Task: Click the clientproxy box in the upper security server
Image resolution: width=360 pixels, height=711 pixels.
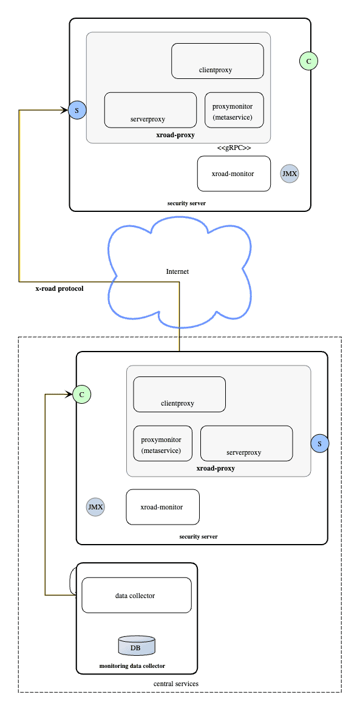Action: [217, 61]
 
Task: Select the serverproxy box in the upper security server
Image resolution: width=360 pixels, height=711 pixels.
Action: [150, 110]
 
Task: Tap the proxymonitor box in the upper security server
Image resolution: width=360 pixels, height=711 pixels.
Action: [234, 110]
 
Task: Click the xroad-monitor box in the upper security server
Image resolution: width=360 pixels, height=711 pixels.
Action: [234, 174]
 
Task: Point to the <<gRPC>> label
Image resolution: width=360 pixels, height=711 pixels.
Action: [234, 148]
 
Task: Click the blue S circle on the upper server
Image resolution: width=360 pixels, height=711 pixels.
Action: [77, 110]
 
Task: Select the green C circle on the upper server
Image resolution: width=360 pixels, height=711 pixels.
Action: [309, 61]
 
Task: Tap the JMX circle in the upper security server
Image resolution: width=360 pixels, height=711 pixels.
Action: [290, 174]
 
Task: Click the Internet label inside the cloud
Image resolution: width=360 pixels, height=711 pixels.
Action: [177, 271]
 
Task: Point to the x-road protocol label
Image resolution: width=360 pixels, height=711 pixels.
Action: [59, 289]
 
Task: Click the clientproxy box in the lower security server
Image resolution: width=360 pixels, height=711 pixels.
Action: [179, 394]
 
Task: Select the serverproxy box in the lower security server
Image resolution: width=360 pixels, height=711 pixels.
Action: [246, 443]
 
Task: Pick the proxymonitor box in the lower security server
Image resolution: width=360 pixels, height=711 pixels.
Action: [162, 443]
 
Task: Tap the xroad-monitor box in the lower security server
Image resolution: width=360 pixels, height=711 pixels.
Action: [162, 507]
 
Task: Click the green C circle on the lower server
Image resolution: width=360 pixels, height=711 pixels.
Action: [81, 394]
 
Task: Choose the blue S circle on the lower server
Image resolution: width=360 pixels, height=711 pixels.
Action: [320, 444]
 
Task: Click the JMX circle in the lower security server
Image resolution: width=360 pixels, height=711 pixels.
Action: [95, 507]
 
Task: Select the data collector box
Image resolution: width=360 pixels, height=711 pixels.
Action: [136, 595]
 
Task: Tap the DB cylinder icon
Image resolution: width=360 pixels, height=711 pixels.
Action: [136, 646]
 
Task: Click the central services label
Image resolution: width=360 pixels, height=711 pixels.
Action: [175, 684]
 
